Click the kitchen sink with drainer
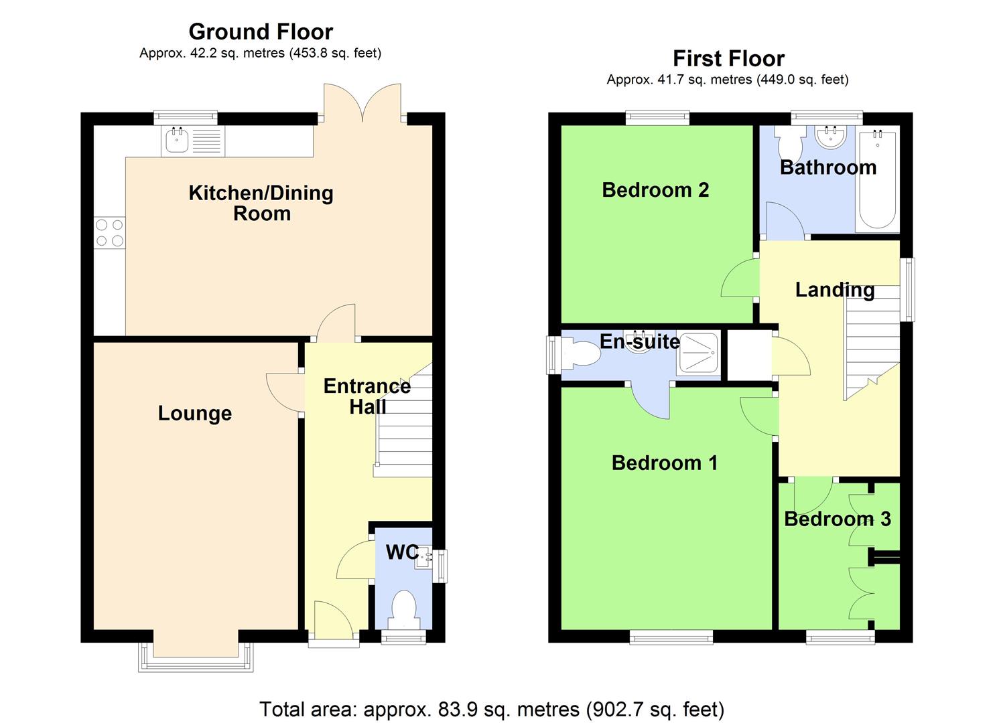[x=192, y=141]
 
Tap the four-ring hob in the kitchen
[x=109, y=233]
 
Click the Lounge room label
[x=194, y=413]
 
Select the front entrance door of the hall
[x=334, y=621]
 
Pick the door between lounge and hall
[x=285, y=392]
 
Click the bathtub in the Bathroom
[x=877, y=179]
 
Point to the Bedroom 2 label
[x=655, y=190]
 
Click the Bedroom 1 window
[x=671, y=638]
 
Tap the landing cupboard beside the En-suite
[x=749, y=355]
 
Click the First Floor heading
[x=728, y=59]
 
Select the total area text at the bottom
[x=491, y=708]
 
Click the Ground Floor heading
[x=261, y=31]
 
